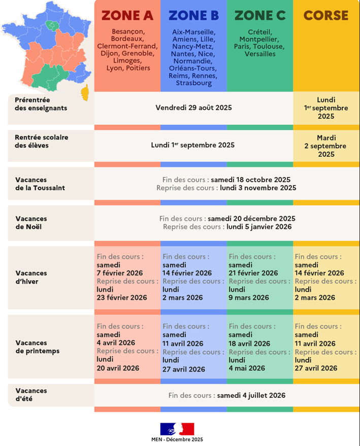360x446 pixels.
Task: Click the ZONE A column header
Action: point(127,16)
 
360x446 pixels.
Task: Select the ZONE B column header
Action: point(193,16)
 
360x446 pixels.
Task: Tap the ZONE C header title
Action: point(260,16)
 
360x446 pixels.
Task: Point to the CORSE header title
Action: point(326,16)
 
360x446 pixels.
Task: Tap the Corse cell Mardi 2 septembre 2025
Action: point(325,146)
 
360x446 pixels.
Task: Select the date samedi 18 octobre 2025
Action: point(251,180)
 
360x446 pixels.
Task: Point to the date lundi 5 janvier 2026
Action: point(259,227)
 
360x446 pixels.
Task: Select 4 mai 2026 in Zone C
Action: point(247,368)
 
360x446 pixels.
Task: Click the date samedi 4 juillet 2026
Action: point(251,395)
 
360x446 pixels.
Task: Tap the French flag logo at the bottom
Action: point(177,428)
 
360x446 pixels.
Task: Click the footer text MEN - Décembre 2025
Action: point(177,439)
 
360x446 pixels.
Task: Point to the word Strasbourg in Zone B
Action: point(193,83)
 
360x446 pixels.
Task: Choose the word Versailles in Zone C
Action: point(260,54)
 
